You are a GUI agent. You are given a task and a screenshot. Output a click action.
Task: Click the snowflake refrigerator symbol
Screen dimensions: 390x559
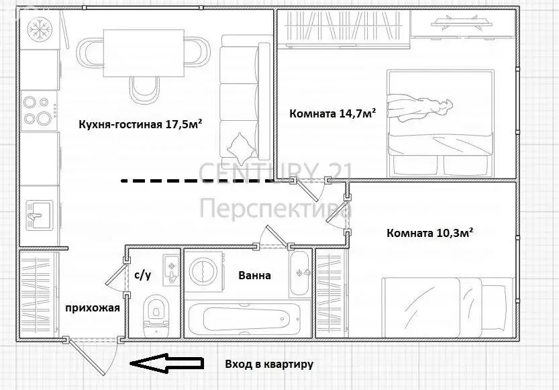pyautogui.click(x=38, y=29)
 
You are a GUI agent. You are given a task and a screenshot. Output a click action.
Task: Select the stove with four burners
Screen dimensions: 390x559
pyautogui.click(x=38, y=111)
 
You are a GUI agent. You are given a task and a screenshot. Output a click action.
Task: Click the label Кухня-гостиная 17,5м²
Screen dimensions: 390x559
pyautogui.click(x=140, y=124)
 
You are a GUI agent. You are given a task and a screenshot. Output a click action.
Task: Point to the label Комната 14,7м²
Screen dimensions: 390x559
pyautogui.click(x=332, y=113)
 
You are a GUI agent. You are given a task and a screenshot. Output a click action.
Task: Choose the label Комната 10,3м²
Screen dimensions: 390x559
pyautogui.click(x=430, y=233)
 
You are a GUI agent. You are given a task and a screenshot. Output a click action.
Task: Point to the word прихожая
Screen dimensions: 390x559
pyautogui.click(x=92, y=308)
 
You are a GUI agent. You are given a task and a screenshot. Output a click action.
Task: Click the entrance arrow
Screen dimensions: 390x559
pyautogui.click(x=166, y=364)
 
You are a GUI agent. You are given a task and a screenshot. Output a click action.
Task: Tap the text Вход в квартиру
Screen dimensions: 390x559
pyautogui.click(x=269, y=364)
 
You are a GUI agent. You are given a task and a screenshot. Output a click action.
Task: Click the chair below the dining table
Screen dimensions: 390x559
pyautogui.click(x=144, y=87)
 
